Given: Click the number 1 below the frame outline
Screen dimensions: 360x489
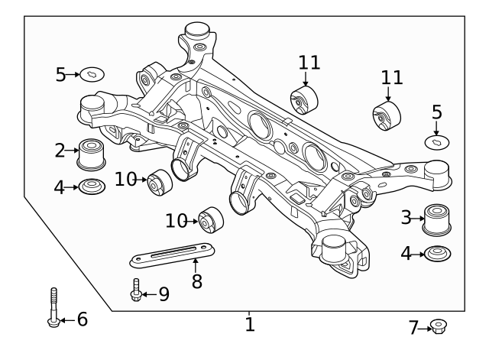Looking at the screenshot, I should point(250,325).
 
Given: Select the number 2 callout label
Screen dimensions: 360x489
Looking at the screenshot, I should point(60,150).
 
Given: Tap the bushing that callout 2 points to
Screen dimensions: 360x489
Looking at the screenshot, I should point(92,154).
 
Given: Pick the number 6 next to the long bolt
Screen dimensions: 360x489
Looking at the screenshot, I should point(82,319).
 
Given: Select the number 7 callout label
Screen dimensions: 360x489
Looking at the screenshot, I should point(413,328).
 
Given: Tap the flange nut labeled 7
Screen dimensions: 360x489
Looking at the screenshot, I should point(439,327).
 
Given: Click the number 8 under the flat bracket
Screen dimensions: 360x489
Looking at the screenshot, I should point(196,281).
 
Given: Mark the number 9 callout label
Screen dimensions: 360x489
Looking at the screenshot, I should point(163,293).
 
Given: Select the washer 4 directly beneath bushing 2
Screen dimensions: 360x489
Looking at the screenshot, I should point(92,186).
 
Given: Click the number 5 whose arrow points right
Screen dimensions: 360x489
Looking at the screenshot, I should point(61,74).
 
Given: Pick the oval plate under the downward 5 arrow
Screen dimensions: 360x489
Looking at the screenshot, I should point(437,141).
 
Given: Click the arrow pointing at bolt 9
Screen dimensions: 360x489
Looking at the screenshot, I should point(149,293).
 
